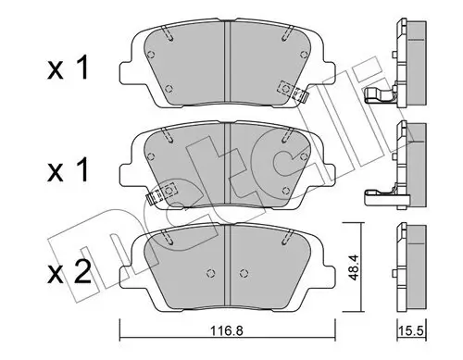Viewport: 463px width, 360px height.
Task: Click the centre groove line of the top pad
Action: tap(229, 60)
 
